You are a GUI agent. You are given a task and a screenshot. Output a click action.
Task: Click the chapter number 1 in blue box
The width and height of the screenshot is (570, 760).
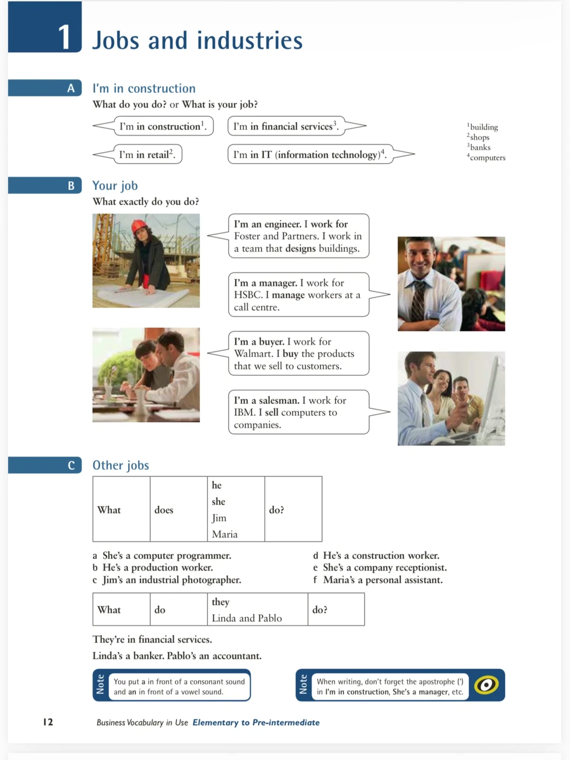click(x=64, y=37)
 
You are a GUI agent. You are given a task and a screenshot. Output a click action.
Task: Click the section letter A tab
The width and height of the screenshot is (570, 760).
click(x=71, y=88)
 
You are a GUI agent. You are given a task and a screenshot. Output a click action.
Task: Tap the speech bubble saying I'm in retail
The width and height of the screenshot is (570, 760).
click(x=147, y=154)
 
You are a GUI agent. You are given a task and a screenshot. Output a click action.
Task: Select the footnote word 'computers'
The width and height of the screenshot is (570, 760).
click(x=487, y=158)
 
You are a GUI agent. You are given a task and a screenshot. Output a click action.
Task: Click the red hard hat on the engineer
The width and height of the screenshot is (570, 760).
click(x=139, y=226)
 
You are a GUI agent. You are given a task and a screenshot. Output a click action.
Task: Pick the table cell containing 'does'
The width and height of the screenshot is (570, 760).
click(x=164, y=510)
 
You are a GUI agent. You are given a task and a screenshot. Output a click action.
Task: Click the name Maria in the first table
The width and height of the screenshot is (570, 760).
click(x=225, y=534)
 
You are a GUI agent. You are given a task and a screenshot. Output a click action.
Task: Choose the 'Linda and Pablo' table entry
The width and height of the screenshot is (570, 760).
click(x=246, y=618)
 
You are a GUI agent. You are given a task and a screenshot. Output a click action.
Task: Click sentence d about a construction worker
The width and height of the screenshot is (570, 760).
click(x=381, y=555)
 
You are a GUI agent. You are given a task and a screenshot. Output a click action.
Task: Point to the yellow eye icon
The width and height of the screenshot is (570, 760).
click(x=486, y=685)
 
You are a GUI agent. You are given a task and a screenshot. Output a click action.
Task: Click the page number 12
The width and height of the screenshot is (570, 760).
click(x=48, y=722)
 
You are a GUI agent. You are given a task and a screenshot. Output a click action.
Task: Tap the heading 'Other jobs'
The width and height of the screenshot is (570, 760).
click(x=121, y=465)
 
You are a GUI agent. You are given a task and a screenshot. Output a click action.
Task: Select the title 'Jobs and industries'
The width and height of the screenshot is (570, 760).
click(x=197, y=41)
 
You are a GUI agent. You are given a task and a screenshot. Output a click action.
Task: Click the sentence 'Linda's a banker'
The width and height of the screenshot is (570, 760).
click(x=128, y=656)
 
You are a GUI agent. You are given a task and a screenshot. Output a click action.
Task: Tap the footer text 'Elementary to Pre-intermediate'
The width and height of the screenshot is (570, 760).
click(x=256, y=723)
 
